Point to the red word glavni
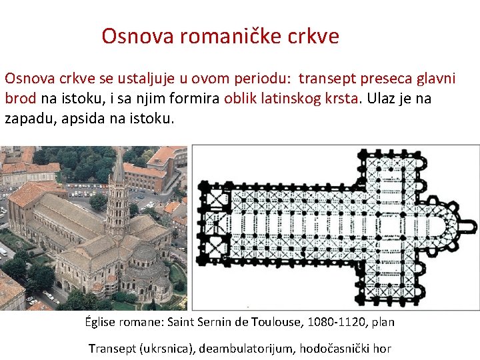(437, 79)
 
